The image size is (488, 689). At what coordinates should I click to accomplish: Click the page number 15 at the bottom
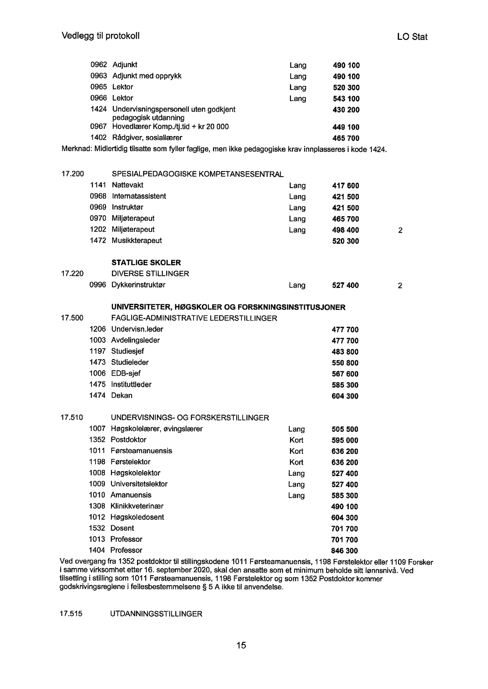click(241, 646)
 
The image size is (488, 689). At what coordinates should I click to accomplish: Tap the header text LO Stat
click(412, 37)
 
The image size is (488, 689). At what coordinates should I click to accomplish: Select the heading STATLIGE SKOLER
click(146, 263)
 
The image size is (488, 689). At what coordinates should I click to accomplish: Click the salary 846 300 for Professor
click(345, 551)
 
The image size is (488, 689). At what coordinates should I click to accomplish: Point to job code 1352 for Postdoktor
click(97, 440)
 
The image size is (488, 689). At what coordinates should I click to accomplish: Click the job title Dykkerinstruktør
click(139, 285)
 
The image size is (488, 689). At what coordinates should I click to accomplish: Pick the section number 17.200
click(72, 174)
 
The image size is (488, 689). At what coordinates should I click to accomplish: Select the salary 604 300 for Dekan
click(345, 396)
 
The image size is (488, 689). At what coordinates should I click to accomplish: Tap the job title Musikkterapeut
click(137, 240)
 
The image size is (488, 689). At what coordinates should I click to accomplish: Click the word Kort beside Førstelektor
click(296, 462)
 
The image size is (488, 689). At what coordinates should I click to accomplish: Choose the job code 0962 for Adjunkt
click(98, 65)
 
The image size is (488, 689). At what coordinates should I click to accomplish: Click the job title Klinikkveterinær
click(137, 506)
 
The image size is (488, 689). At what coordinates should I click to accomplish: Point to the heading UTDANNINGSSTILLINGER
click(156, 614)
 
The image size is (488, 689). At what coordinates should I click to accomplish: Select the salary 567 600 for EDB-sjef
click(345, 374)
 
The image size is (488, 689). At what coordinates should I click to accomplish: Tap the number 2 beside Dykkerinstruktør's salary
click(400, 286)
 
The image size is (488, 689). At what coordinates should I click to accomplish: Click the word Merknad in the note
click(76, 149)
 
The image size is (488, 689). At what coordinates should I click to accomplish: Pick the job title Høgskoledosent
click(137, 517)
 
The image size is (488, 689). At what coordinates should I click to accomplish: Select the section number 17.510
click(72, 418)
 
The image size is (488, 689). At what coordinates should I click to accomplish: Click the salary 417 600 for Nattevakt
click(346, 186)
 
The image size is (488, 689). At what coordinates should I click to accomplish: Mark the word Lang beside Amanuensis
click(296, 496)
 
